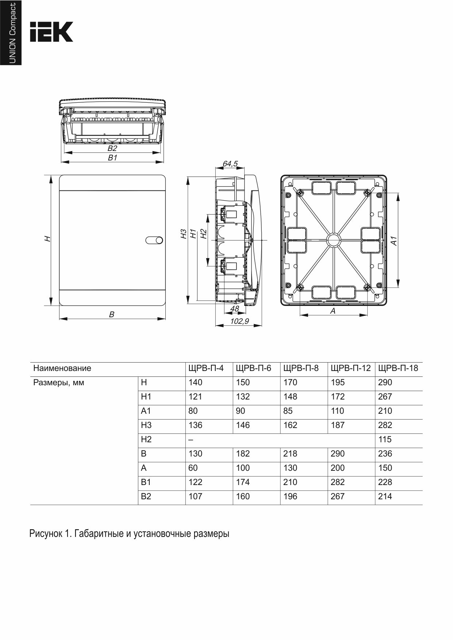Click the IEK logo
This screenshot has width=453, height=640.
(x=51, y=32)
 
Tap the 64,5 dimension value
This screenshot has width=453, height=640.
(x=230, y=164)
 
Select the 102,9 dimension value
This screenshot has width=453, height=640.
(x=239, y=321)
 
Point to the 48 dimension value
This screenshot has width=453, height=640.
(x=234, y=309)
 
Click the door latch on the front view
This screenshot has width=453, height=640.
(x=154, y=240)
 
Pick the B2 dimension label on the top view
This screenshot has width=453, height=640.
(x=112, y=148)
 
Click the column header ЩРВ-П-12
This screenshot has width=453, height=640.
(x=350, y=368)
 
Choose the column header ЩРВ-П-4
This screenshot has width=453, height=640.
(x=206, y=368)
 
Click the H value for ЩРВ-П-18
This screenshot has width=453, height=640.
(x=385, y=382)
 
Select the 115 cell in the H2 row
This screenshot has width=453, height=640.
(x=385, y=439)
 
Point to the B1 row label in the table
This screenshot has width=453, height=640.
(x=146, y=482)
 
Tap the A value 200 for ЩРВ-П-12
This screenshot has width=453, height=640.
(x=338, y=468)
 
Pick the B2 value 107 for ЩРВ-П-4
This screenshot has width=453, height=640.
(x=195, y=496)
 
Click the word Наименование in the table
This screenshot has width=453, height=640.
(x=62, y=368)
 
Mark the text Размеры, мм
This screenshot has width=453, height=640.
(x=58, y=383)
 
